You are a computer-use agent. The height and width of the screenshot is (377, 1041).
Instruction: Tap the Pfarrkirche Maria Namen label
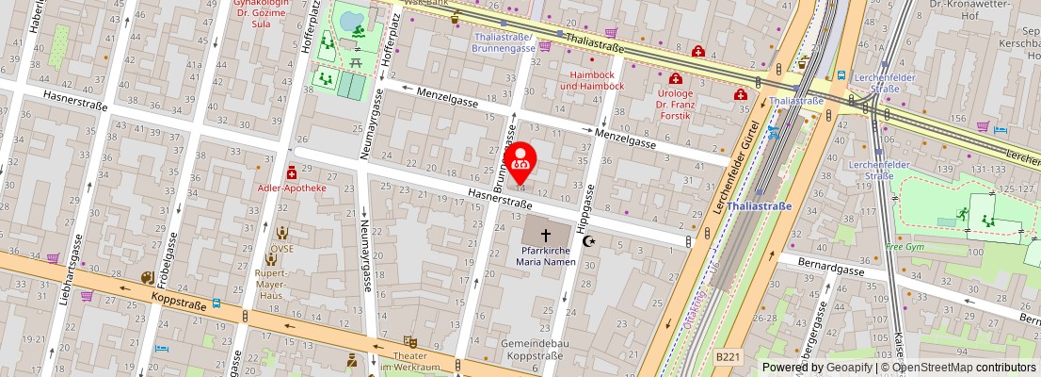547,255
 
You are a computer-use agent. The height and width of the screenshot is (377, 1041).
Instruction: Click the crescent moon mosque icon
590,241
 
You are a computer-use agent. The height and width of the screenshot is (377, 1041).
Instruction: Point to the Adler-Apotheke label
291,188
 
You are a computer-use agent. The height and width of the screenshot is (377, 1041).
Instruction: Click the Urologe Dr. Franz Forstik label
674,106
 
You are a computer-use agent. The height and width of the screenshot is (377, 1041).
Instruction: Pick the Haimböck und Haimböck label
591,80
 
